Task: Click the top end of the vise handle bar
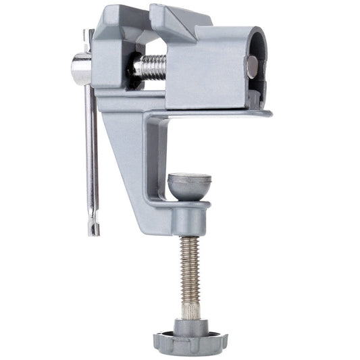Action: (88, 34)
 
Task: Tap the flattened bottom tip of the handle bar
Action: (94, 227)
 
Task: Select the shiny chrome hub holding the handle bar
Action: (80, 70)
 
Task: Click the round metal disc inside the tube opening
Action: (252, 66)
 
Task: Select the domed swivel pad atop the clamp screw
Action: (189, 185)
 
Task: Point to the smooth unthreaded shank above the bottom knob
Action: (190, 307)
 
